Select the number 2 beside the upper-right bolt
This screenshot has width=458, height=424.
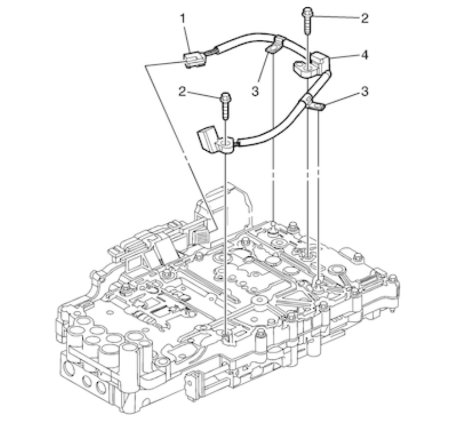coord(365,18)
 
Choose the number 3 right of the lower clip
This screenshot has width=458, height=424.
coord(365,91)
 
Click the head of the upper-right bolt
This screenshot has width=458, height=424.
coord(308,11)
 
